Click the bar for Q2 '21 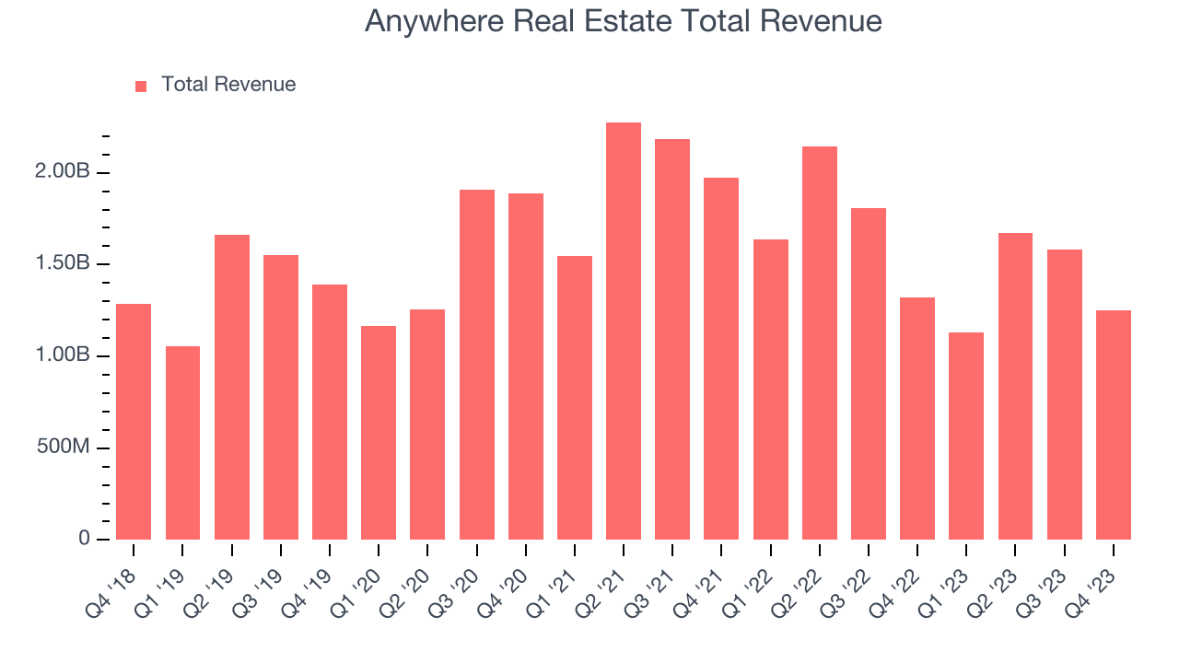(624, 331)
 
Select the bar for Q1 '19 (182, 443)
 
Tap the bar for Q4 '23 (1114, 425)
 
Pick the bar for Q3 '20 (477, 365)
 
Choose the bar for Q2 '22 (820, 343)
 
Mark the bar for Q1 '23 (966, 436)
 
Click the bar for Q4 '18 (134, 422)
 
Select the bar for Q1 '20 (379, 433)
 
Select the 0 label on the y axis (84, 539)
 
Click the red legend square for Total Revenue (141, 86)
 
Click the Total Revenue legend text (228, 85)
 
